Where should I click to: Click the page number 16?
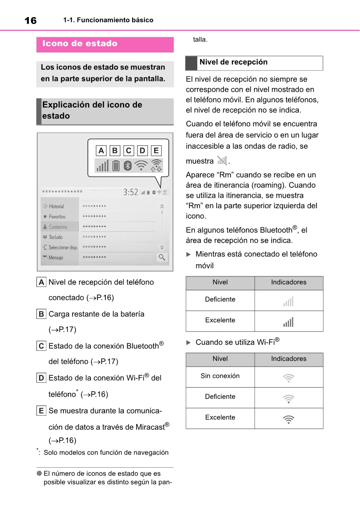tap(30, 20)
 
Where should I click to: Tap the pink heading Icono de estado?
tap(80, 44)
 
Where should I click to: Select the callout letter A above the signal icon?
tap(101, 151)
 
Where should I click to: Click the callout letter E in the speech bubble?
tap(156, 151)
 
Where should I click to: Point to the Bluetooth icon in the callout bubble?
tap(127, 165)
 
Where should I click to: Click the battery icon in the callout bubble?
tap(115, 165)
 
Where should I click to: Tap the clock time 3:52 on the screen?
tap(130, 192)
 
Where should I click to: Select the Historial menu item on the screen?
tap(56, 206)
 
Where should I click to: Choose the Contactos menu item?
tap(58, 227)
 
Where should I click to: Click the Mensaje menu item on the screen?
tap(56, 258)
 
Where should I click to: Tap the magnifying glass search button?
tap(162, 257)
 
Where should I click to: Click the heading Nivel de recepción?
tap(233, 62)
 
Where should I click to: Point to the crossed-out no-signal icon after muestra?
tap(222, 161)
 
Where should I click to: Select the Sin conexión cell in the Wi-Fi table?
tap(220, 376)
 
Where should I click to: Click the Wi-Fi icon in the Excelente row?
tap(288, 419)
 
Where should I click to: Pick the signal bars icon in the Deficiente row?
tap(288, 301)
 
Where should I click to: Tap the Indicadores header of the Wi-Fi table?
tap(289, 359)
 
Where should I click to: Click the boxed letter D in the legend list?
tap(41, 378)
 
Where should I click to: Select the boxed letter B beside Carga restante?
tap(41, 314)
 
